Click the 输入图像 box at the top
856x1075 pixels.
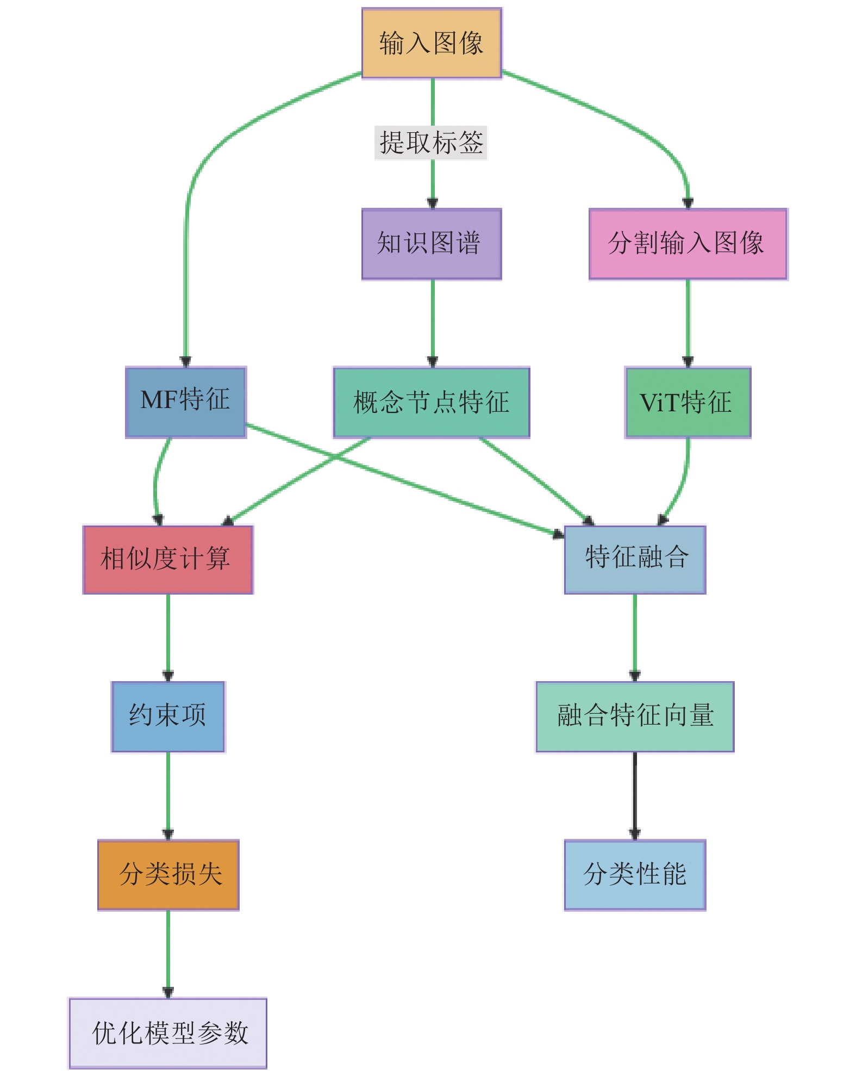[x=432, y=43]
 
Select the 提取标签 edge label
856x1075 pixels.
[x=431, y=143]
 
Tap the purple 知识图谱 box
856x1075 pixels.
[x=432, y=244]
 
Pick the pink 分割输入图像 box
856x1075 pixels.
[x=688, y=244]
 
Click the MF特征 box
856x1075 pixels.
[x=186, y=401]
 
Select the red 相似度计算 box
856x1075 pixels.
[x=168, y=559]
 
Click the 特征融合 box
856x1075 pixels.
[x=635, y=559]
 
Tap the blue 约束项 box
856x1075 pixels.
[x=168, y=716]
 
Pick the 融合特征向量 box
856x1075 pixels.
[x=635, y=716]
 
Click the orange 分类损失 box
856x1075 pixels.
[x=168, y=874]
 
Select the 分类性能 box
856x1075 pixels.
[x=635, y=874]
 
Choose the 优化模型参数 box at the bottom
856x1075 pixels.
[x=168, y=1033]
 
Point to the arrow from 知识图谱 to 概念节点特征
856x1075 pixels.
[x=433, y=323]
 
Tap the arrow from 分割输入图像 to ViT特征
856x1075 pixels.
[x=688, y=323]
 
